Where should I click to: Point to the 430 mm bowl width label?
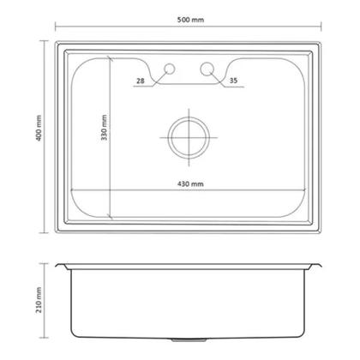point(190,183)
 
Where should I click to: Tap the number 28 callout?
point(141,81)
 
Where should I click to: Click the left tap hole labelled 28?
point(169,68)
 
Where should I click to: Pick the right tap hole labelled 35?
point(207,68)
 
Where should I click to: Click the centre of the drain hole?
point(187,135)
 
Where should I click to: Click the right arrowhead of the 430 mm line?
point(305,189)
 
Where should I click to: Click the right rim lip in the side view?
point(317,267)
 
